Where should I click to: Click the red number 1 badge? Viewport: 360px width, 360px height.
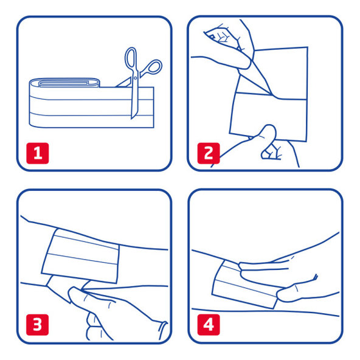(x=38, y=153)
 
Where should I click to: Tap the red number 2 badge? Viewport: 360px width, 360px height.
(x=209, y=153)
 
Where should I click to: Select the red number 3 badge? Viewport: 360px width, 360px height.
(x=38, y=325)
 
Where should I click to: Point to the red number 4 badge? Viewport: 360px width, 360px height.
(x=209, y=325)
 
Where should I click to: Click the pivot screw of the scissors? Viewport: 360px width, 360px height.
(x=135, y=78)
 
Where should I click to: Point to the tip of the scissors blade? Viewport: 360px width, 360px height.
(x=131, y=119)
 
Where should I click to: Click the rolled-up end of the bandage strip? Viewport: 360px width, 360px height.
(x=64, y=83)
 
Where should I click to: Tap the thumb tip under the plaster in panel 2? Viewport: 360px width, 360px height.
(x=269, y=129)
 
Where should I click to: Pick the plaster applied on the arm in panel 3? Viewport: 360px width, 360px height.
(x=80, y=256)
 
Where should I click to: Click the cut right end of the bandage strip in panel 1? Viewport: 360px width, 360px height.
(x=153, y=107)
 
